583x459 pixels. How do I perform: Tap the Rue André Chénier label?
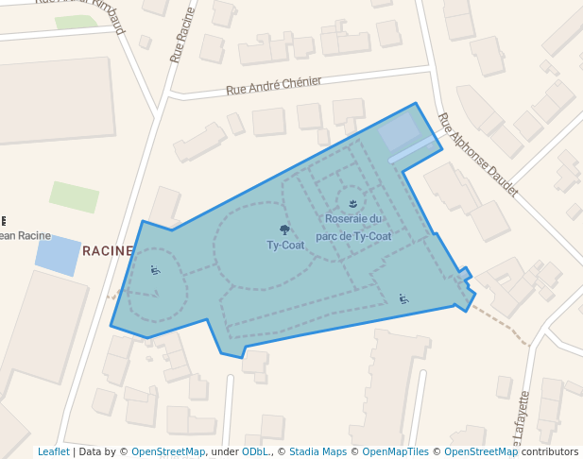(274, 86)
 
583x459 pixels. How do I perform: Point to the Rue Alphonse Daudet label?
(477, 155)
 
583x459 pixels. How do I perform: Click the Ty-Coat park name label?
(285, 245)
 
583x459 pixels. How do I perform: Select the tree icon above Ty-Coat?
(284, 229)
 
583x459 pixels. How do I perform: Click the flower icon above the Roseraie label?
(352, 203)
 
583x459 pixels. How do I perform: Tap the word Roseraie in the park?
(347, 219)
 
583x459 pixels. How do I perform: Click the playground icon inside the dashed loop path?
(156, 271)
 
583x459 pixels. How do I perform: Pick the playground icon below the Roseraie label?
(403, 299)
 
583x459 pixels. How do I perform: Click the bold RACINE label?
(107, 250)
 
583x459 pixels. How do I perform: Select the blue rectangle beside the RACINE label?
(59, 256)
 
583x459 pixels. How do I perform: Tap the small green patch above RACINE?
(75, 196)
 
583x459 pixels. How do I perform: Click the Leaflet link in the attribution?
(53, 451)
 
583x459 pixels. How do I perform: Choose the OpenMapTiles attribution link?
(396, 451)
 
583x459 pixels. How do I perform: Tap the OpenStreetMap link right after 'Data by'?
(168, 451)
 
